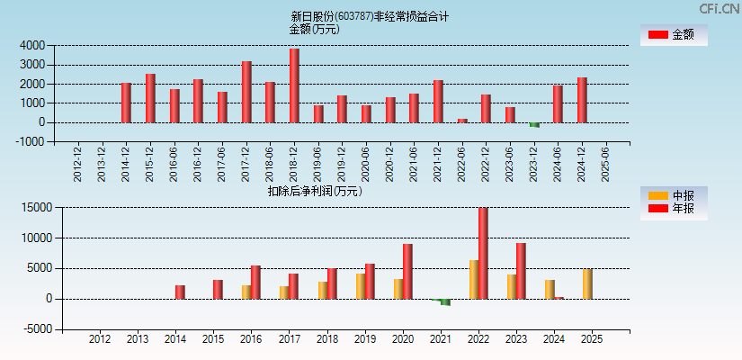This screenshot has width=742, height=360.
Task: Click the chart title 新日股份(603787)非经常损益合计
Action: click(x=370, y=16)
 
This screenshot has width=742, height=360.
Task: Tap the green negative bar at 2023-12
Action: click(x=534, y=125)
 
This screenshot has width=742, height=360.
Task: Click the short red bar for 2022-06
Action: click(x=462, y=121)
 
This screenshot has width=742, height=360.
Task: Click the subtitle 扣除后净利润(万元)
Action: click(x=314, y=191)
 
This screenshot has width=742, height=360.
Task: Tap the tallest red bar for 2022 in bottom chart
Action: click(x=483, y=253)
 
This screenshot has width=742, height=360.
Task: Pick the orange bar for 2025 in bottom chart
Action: click(x=587, y=283)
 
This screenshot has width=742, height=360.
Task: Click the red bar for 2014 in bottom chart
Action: click(x=180, y=292)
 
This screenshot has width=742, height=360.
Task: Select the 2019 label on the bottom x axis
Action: click(x=364, y=339)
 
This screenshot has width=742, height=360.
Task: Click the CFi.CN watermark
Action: click(x=720, y=9)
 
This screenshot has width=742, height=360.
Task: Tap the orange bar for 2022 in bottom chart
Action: click(x=473, y=279)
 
